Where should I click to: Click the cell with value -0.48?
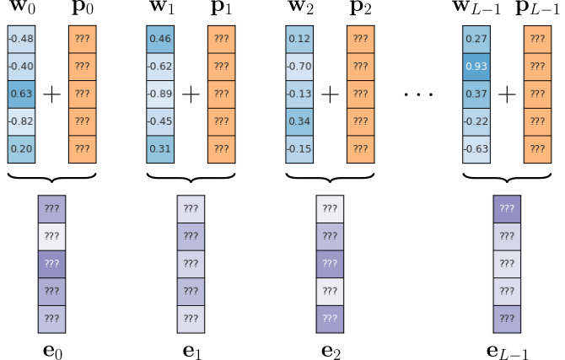click(21, 39)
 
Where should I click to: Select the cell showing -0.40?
click(21, 67)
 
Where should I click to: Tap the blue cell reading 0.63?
click(21, 94)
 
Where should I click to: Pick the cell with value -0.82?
click(21, 121)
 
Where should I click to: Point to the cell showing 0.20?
click(21, 148)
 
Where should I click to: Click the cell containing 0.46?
click(160, 39)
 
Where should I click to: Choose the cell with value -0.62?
click(160, 67)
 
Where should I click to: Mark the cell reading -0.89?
click(160, 94)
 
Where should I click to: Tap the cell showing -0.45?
click(160, 121)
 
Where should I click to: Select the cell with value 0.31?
click(160, 148)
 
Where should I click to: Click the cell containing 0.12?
click(299, 39)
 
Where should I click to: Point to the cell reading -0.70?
click(299, 67)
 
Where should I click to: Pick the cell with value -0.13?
click(299, 94)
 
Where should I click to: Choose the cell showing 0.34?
click(299, 121)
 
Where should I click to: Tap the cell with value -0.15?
click(299, 148)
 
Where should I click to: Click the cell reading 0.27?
click(476, 39)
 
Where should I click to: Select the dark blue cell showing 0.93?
click(476, 67)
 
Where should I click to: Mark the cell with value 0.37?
click(476, 94)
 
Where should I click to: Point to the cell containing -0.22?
click(476, 121)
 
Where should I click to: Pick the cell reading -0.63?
click(476, 148)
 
